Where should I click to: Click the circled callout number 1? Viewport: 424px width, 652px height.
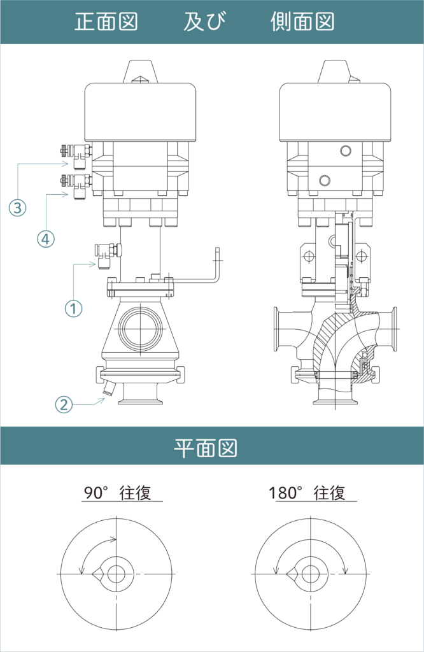point(74,309)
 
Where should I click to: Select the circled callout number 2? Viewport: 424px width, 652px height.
point(64,404)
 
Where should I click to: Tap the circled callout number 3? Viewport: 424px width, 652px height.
point(17,207)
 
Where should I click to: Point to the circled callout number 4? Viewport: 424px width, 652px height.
point(46,239)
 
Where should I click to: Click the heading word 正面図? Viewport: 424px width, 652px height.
point(106,22)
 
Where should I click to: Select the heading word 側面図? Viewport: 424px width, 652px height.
point(302,22)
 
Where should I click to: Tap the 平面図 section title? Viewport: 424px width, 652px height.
point(206,448)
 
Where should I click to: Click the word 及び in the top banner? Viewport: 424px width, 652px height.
point(204,22)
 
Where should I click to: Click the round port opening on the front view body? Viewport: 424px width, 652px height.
point(141,329)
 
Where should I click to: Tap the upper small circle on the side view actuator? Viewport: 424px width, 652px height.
point(346,150)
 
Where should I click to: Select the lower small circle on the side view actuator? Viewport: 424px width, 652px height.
point(325,180)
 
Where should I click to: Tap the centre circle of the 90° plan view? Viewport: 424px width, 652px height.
point(117,574)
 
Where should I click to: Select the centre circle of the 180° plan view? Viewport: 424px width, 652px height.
point(310,574)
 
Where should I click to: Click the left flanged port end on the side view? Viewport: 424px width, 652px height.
point(276,329)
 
